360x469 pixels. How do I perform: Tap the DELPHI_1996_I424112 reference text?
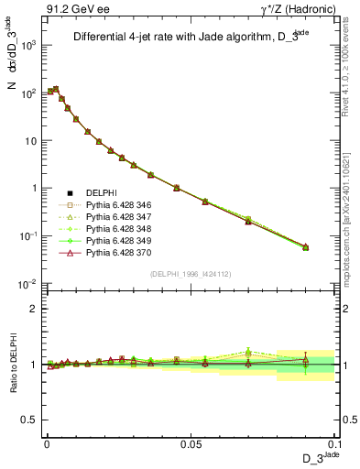191,273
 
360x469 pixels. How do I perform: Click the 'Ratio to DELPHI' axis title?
13,365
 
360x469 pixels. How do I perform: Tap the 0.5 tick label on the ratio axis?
29,420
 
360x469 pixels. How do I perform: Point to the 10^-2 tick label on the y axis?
27,283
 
